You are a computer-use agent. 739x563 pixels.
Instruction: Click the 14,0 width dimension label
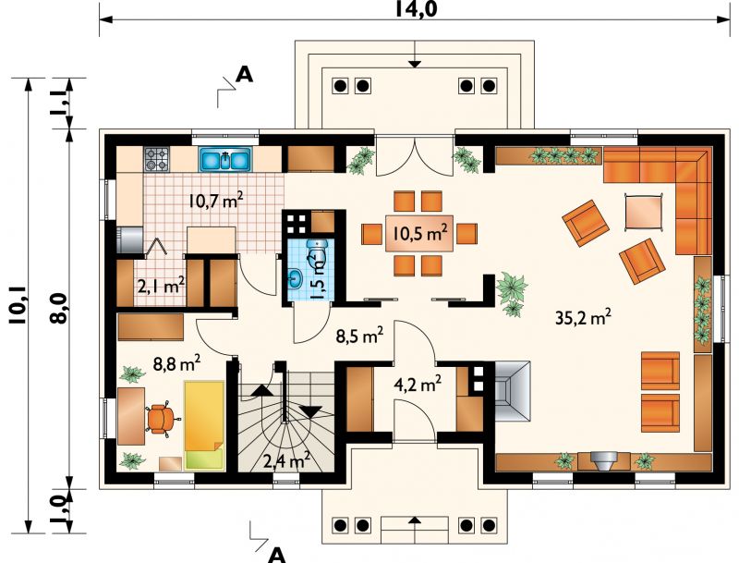(416, 8)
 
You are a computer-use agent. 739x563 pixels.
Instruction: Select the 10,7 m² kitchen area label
(216, 201)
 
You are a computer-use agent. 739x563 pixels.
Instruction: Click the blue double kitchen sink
(226, 159)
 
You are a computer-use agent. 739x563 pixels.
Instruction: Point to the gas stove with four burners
(156, 159)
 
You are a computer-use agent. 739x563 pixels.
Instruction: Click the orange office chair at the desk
(163, 417)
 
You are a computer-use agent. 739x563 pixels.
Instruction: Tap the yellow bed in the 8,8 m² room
(204, 425)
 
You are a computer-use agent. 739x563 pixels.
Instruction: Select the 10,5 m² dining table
(419, 233)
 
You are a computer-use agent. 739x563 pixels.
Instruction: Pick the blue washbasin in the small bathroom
(296, 277)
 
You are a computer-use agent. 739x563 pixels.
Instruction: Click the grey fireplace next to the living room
(512, 391)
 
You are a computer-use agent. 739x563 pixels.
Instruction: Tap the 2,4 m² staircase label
(286, 460)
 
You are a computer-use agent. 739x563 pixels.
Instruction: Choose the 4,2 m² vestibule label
(418, 384)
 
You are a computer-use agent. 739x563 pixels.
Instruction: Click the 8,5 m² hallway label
(359, 336)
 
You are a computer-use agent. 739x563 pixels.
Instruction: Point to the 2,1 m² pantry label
(161, 286)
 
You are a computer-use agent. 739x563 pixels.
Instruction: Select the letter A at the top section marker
(244, 75)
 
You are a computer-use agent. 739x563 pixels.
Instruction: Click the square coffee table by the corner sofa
(643, 212)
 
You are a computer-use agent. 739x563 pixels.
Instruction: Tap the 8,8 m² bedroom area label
(177, 363)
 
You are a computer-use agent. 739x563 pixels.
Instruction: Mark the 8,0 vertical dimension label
(58, 309)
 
